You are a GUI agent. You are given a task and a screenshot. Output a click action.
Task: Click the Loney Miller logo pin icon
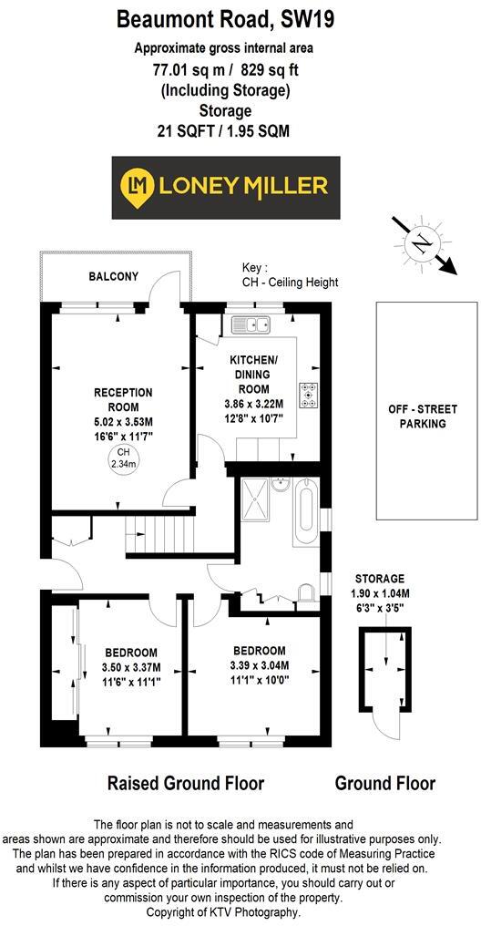tap(137, 187)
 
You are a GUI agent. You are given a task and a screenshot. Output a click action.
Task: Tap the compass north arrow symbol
tap(419, 243)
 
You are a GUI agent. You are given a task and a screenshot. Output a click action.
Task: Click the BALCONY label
tap(113, 275)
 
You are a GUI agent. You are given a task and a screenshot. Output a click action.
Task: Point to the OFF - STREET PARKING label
tap(423, 417)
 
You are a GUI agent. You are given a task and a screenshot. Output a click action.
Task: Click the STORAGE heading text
tap(381, 579)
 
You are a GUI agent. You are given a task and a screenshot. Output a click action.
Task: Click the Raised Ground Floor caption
tap(186, 783)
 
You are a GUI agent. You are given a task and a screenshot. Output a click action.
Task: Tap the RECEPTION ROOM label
tap(123, 399)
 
